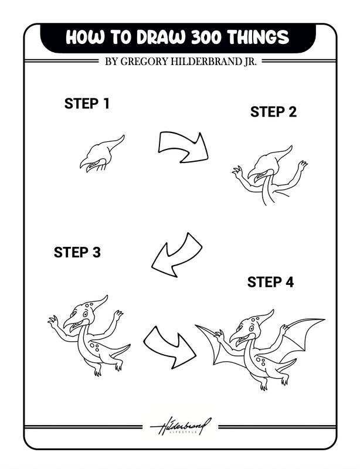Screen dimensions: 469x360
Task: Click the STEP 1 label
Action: (87, 104)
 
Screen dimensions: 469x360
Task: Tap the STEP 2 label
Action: (273, 112)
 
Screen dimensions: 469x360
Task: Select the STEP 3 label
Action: (77, 253)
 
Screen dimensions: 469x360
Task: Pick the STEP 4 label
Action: (270, 283)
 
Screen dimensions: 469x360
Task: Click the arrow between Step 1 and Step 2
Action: (184, 147)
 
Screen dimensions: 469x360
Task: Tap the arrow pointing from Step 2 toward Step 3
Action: (176, 254)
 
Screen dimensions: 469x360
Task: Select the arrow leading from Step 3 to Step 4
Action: (169, 346)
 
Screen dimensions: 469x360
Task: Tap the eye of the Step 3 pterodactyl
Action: (86, 314)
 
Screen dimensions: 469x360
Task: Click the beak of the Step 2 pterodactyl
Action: (257, 174)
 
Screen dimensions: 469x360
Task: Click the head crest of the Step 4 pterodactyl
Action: (264, 317)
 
